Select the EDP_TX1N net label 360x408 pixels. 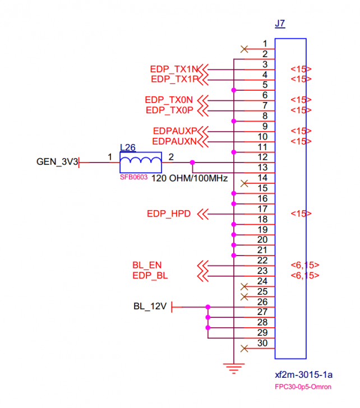(174, 69)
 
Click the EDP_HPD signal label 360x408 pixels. (169, 214)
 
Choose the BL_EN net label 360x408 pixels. (147, 265)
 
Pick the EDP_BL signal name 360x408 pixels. (150, 276)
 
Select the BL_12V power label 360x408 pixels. (150, 307)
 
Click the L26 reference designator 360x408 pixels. (128, 148)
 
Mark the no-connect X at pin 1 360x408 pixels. (244, 49)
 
